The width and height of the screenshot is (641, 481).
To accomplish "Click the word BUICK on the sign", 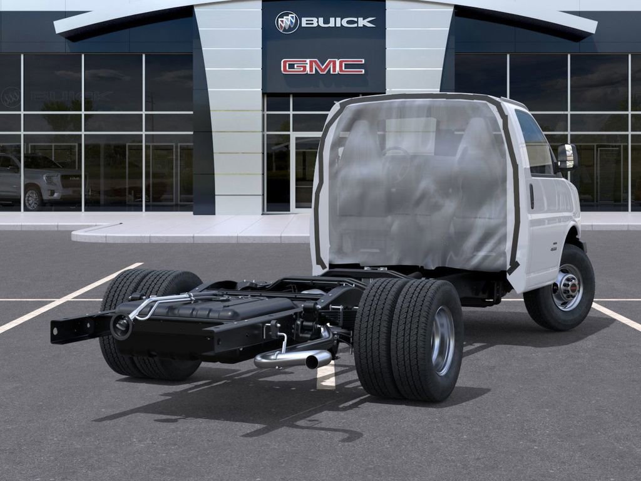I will tap(339, 23).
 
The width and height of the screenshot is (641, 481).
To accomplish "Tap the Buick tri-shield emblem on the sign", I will tap(287, 23).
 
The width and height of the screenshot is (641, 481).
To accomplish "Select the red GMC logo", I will tap(322, 66).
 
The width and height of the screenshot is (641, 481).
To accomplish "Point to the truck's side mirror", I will tap(567, 157).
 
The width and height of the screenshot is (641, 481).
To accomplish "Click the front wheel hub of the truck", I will tap(568, 287).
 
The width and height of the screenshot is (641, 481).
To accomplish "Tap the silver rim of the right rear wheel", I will tap(443, 340).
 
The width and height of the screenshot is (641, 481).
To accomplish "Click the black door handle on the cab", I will tap(531, 196).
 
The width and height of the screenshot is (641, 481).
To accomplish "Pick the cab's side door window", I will tap(534, 144).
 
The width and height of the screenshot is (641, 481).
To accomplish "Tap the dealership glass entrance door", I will tap(305, 172).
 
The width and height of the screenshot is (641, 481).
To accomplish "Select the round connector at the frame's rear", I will tap(120, 326).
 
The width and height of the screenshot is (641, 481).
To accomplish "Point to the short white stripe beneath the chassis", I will tap(326, 376).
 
